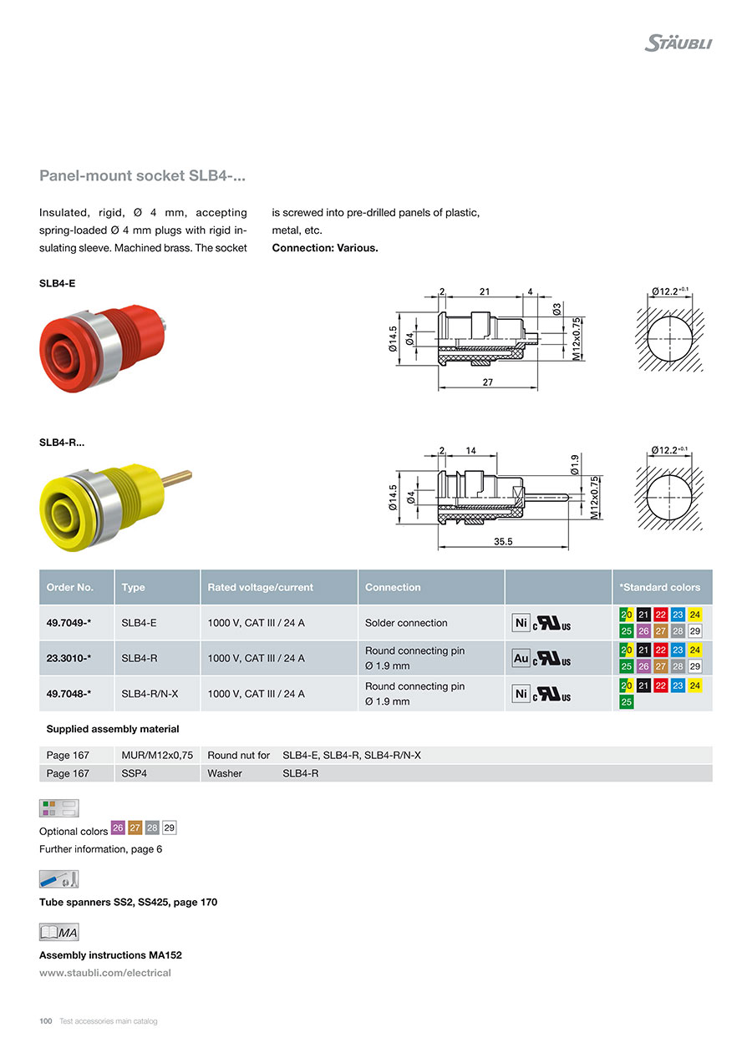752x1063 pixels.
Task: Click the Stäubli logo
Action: coord(678,43)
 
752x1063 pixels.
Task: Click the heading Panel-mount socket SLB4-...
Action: coord(142,176)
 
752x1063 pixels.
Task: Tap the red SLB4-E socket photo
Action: coord(104,341)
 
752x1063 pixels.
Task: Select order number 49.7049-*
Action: coord(69,623)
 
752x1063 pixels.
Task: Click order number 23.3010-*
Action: coord(69,658)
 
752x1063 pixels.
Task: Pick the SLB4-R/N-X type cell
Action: coord(150,693)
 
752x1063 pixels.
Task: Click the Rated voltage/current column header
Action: coord(260,587)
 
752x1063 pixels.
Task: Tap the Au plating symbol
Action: coord(521,659)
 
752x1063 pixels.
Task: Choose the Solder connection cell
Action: coord(406,623)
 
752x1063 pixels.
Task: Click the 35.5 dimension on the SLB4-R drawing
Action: coord(503,542)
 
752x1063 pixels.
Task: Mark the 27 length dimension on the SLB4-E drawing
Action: coord(488,382)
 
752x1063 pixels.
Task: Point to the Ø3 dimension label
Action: coord(557,309)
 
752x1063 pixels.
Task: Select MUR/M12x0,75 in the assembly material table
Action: coord(157,755)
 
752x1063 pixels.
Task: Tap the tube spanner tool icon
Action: coord(58,879)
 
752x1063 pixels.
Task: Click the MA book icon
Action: coord(58,932)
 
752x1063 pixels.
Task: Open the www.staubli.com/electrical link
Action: coord(105,973)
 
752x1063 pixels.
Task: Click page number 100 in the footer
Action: coord(46,1021)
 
